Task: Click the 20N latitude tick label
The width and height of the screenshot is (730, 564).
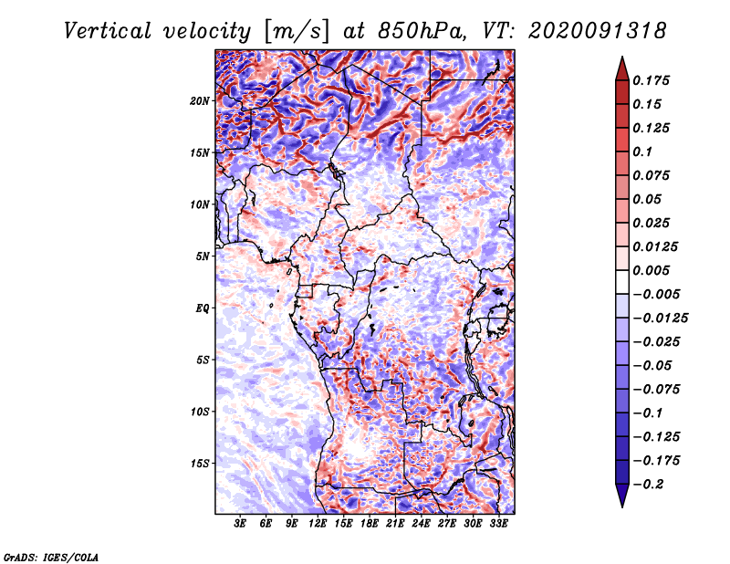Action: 200,101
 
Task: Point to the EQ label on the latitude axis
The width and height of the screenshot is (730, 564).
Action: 202,308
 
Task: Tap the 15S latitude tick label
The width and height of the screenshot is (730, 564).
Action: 200,464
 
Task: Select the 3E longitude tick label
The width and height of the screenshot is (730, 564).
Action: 240,524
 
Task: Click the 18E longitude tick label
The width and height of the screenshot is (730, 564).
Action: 370,524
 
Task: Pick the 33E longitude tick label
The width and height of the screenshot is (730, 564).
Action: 498,524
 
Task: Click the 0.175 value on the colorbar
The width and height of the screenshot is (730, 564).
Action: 651,81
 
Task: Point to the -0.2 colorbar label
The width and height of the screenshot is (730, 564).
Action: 648,485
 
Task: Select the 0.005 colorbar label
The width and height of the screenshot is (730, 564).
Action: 651,270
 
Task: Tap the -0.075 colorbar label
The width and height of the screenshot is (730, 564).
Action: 656,390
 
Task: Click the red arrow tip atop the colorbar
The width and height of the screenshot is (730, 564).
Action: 622,57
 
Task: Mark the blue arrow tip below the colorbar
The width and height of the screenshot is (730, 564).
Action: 622,507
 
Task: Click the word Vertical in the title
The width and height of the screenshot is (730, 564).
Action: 108,31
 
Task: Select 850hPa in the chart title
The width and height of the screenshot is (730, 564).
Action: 422,31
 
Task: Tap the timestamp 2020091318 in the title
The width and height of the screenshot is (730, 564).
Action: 598,31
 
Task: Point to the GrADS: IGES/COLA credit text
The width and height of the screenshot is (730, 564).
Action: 51,557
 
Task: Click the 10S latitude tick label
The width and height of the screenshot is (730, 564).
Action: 200,413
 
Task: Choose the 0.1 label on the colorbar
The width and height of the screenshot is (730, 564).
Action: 642,152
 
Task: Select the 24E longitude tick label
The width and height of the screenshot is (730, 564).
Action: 421,524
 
